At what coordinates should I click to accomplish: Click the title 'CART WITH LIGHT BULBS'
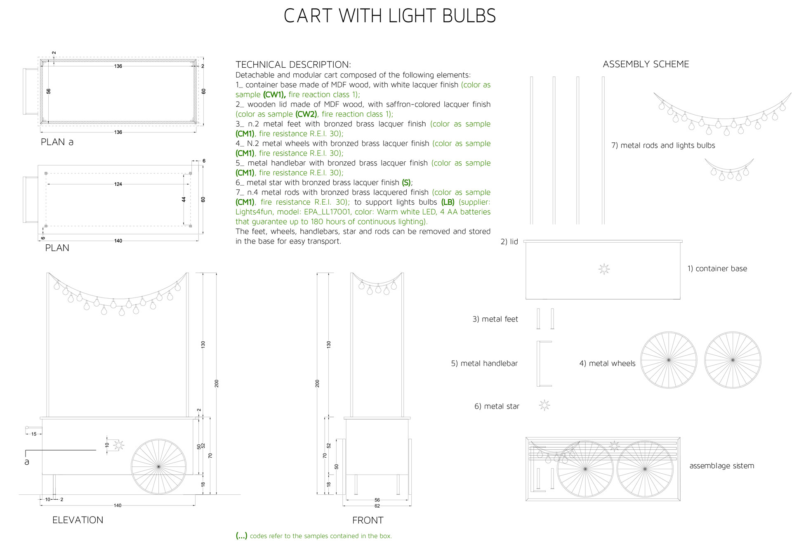[x=390, y=16]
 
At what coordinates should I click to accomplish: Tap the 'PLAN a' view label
[x=57, y=142]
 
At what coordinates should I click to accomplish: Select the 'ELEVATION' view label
[x=78, y=520]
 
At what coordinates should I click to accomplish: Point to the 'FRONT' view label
[x=368, y=520]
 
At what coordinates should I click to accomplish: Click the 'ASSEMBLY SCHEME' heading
[x=646, y=64]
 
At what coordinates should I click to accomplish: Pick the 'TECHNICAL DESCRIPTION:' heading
[x=293, y=65]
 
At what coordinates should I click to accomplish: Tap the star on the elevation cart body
[x=119, y=445]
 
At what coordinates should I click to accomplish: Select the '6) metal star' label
[x=497, y=406]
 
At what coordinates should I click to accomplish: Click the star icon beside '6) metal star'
[x=544, y=405]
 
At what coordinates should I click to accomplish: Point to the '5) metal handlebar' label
[x=484, y=364]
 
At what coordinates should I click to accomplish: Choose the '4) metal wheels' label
[x=607, y=364]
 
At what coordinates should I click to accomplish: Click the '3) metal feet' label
[x=495, y=319]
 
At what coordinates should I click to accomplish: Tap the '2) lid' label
[x=509, y=242]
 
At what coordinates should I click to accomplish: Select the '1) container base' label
[x=717, y=269]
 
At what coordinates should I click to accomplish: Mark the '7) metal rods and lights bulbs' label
[x=663, y=145]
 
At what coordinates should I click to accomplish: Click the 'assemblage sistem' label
[x=722, y=466]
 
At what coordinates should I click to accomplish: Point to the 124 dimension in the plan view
[x=118, y=184]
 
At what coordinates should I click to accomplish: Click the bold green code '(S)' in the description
[x=406, y=182]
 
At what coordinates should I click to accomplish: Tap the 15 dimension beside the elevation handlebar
[x=34, y=434]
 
